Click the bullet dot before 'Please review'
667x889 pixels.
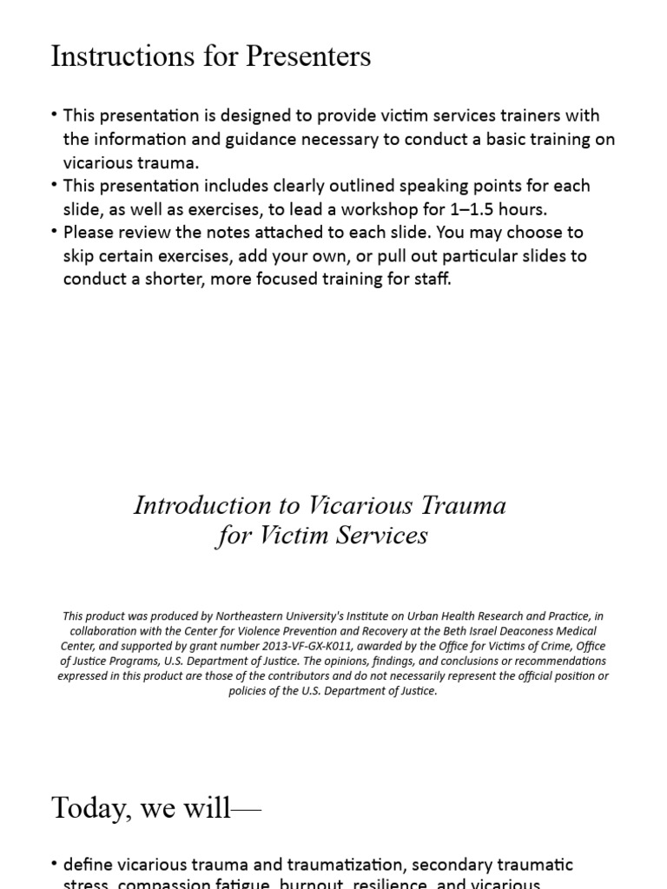point(55,233)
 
